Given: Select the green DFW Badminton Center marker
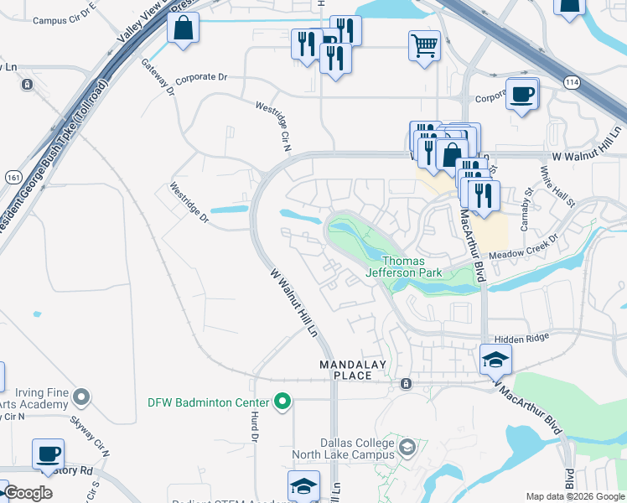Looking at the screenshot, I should click(x=282, y=402).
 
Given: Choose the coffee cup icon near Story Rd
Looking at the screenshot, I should click(x=48, y=454).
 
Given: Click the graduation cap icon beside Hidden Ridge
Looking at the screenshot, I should click(x=495, y=360).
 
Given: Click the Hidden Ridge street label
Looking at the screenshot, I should click(x=521, y=338).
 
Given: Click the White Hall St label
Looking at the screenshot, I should click(x=557, y=187).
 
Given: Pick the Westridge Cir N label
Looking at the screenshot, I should click(x=272, y=127).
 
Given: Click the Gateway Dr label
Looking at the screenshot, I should click(x=157, y=75).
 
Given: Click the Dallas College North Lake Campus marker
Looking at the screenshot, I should click(x=407, y=444).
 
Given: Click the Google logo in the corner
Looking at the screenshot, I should click(x=28, y=493).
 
